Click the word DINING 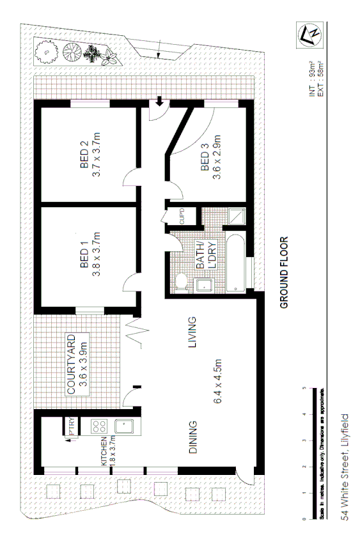pos(193,437)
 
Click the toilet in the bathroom pos(181,281)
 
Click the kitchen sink pos(120,424)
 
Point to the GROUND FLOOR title pos(285,273)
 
